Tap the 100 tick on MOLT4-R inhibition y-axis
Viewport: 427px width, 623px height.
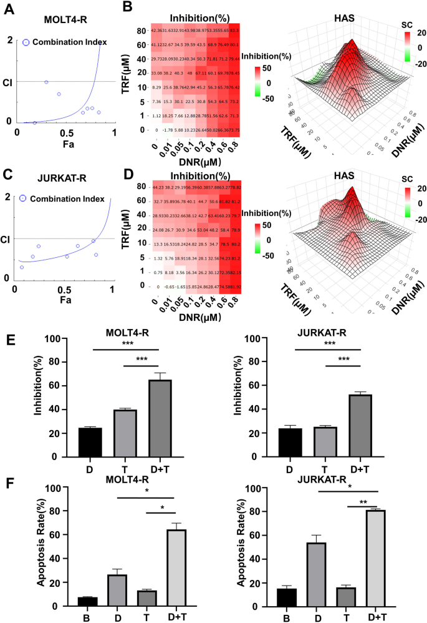click(63, 339)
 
